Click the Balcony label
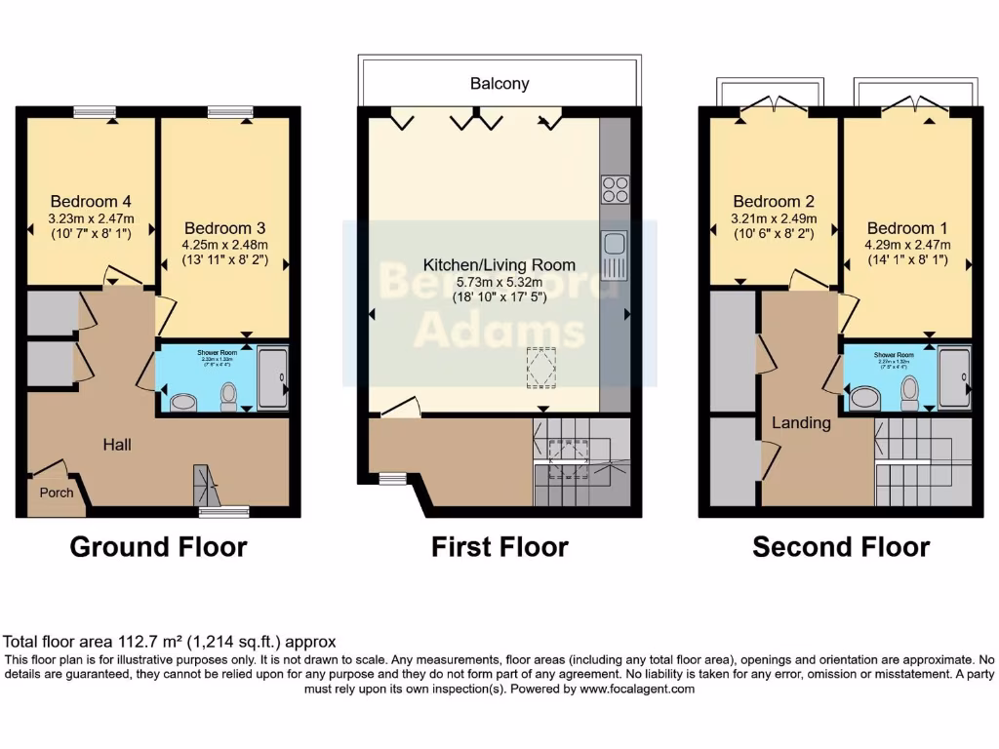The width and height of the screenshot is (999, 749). pyautogui.click(x=499, y=83)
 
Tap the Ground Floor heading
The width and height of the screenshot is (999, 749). pyautogui.click(x=158, y=547)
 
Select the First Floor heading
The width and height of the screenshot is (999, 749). pyautogui.click(x=499, y=547)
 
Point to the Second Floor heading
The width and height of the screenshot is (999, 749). pyautogui.click(x=840, y=547)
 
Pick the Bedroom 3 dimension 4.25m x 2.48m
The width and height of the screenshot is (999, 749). pyautogui.click(x=224, y=245)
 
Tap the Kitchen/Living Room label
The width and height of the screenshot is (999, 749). pyautogui.click(x=499, y=264)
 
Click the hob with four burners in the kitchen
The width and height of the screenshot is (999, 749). pyautogui.click(x=615, y=188)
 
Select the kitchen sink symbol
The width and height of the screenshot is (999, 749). pyautogui.click(x=614, y=255)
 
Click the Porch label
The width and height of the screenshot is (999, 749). pyautogui.click(x=56, y=493)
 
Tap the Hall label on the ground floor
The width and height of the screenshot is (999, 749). pyautogui.click(x=117, y=445)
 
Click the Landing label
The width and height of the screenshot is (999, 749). pyautogui.click(x=801, y=423)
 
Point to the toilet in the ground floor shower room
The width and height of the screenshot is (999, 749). pyautogui.click(x=229, y=395)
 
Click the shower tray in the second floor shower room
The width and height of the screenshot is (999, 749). pyautogui.click(x=954, y=377)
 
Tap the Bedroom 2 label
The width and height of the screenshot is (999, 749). pyautogui.click(x=774, y=202)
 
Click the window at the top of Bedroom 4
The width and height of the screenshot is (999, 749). pyautogui.click(x=95, y=111)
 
